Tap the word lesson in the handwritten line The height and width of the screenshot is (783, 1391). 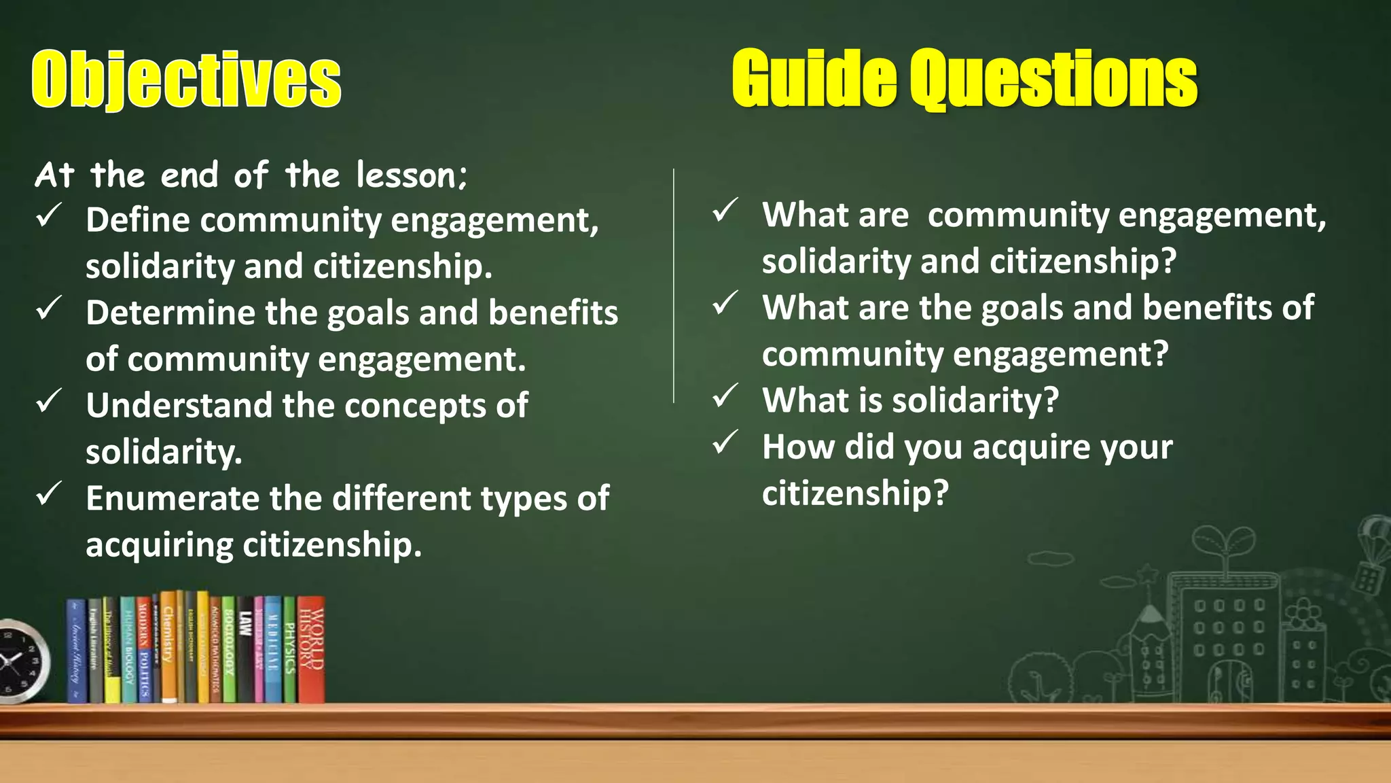pyautogui.click(x=408, y=175)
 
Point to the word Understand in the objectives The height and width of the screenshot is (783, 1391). pyautogui.click(x=179, y=406)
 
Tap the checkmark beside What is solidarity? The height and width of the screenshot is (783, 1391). pyautogui.click(x=725, y=396)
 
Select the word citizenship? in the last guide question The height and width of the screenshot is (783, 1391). pyautogui.click(x=854, y=493)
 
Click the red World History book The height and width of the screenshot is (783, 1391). pyautogui.click(x=311, y=648)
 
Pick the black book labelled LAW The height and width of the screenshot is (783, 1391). pyautogui.click(x=245, y=649)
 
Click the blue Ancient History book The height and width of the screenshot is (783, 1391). pyautogui.click(x=77, y=651)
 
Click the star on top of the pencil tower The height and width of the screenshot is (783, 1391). pyautogui.click(x=1149, y=574)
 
